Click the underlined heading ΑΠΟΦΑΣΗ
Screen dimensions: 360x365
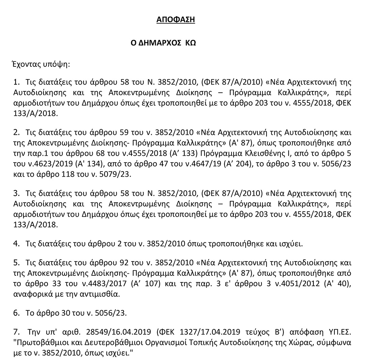coord(176,20)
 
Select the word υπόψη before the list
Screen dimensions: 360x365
coord(58,64)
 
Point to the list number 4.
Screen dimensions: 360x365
coord(16,243)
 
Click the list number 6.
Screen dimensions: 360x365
coord(16,313)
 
